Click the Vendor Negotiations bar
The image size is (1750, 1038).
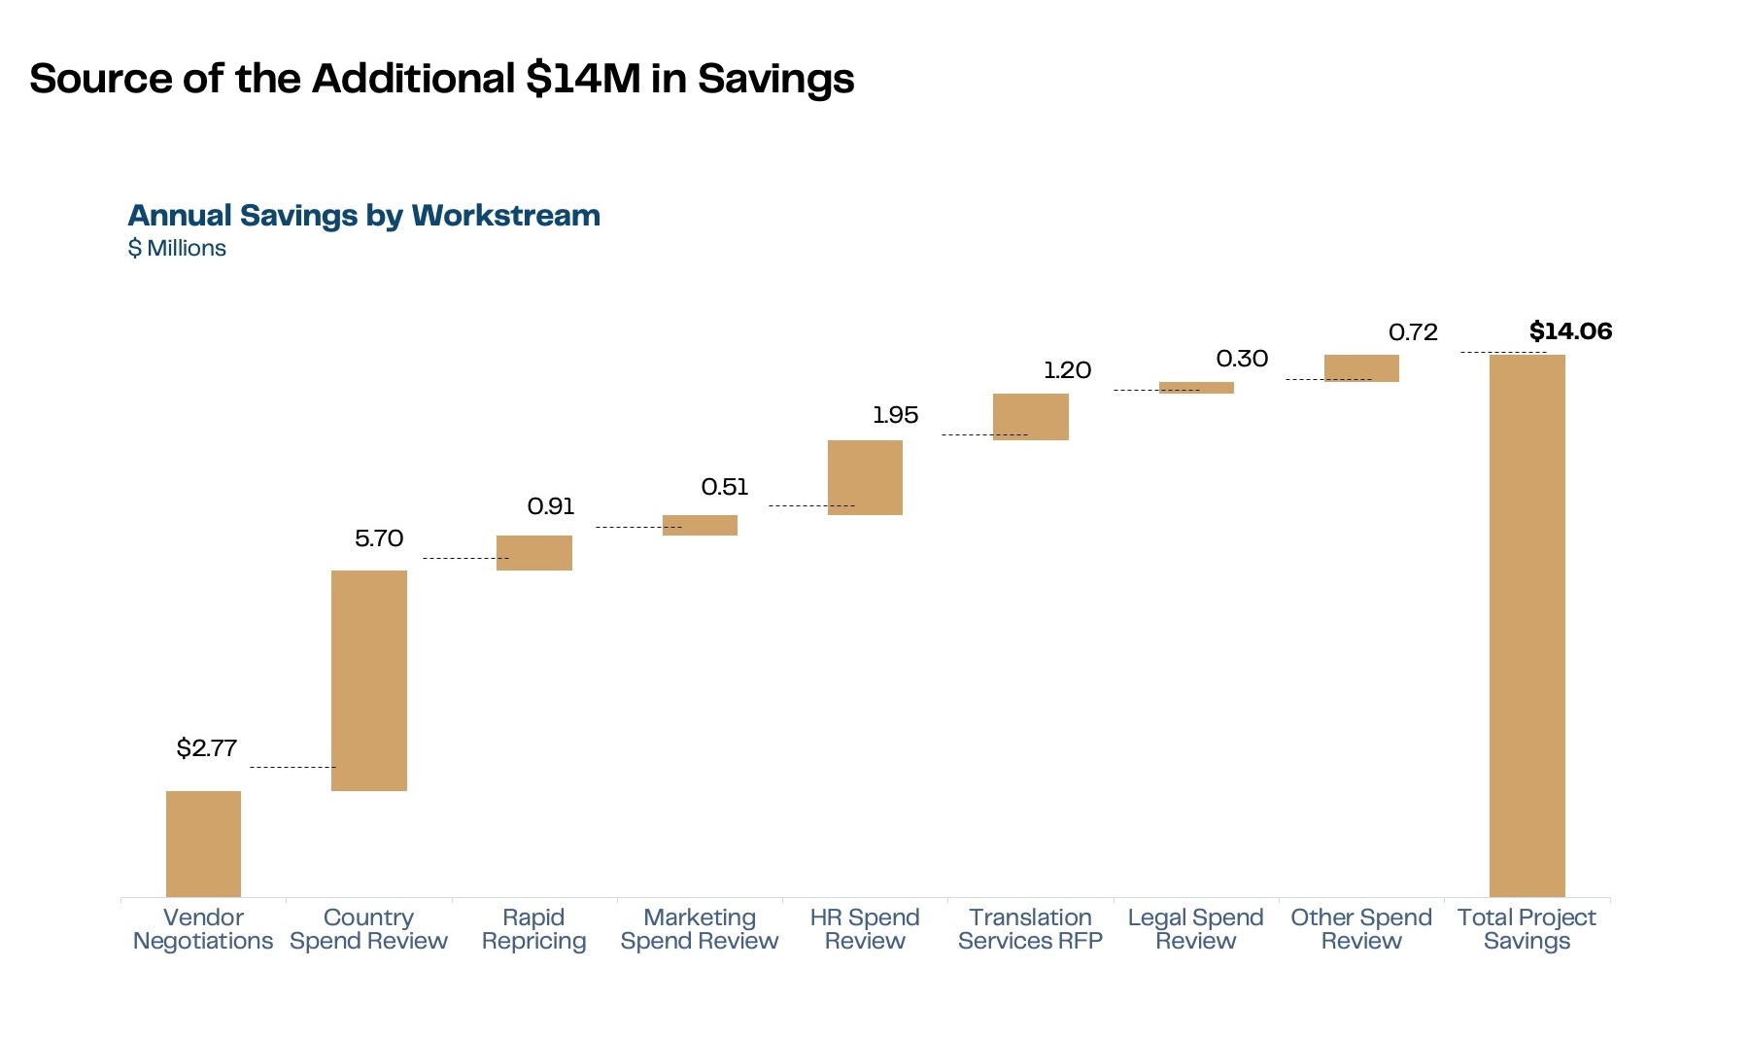[x=203, y=843]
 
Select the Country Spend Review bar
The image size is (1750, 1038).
[x=368, y=680]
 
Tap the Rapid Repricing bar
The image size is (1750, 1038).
[x=533, y=552]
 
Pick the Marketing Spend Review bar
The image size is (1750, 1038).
[x=700, y=525]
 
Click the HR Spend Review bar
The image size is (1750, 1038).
[x=865, y=477]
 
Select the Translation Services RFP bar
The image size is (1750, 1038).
[x=1030, y=416]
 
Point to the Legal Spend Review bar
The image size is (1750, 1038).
[x=1196, y=388]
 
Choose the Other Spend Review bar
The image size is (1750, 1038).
[x=1361, y=367]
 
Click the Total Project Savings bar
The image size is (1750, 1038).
[x=1527, y=625]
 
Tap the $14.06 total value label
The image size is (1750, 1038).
[x=1570, y=331]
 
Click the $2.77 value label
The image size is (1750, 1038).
[x=206, y=747]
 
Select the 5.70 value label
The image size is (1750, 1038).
[x=378, y=538]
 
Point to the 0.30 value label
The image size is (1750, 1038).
[x=1242, y=359]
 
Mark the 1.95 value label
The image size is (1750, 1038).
[x=895, y=415]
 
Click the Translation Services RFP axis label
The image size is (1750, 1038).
[x=1030, y=929]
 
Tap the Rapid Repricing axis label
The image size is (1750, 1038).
[x=533, y=929]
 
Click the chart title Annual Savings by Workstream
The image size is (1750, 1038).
[x=363, y=215]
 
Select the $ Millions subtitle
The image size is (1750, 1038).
[x=177, y=248]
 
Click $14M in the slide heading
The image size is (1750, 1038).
[x=583, y=79]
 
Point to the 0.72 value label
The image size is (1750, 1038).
[x=1413, y=332]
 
